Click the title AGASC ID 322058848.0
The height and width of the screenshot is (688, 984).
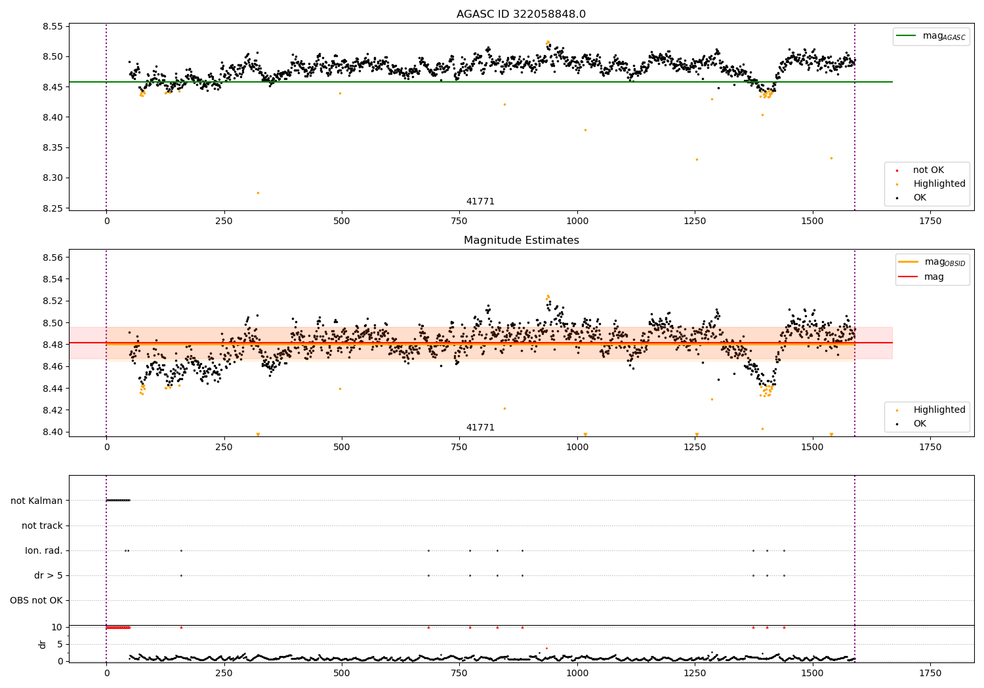[521, 14]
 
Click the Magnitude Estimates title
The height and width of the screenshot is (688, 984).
[522, 240]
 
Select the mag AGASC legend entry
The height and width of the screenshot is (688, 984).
[931, 37]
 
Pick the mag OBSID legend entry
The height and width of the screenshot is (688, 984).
[932, 262]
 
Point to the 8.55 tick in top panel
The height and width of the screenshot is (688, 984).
[52, 26]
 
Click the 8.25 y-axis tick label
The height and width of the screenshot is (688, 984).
[52, 208]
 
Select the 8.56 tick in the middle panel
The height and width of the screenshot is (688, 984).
[52, 257]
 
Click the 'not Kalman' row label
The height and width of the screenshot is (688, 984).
[37, 501]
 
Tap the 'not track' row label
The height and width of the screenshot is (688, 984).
[42, 526]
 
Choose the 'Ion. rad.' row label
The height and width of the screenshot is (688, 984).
[43, 550]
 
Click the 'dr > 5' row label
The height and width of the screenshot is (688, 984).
[49, 576]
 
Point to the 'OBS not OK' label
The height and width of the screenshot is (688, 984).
[37, 600]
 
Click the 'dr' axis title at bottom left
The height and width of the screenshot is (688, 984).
[42, 645]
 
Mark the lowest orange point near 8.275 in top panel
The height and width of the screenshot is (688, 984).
[258, 193]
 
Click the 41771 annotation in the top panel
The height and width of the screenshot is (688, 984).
[480, 201]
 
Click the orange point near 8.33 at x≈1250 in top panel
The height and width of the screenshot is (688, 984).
[697, 160]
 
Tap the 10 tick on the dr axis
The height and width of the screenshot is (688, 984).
[57, 628]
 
